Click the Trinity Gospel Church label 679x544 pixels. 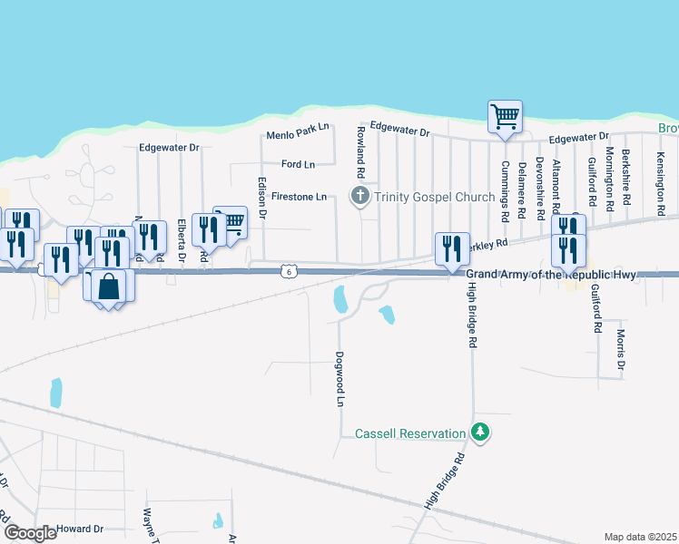pos(433,197)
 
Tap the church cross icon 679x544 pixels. pos(360,196)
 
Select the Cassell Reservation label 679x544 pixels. pos(410,433)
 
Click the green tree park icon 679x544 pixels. pos(480,433)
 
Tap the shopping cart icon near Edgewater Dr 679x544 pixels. pos(505,117)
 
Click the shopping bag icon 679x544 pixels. pos(108,286)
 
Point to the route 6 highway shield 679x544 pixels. pos(288,271)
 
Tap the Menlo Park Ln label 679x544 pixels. pos(297,136)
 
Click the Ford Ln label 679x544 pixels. pos(298,164)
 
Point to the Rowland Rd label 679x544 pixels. pos(361,153)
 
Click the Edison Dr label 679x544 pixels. pos(263,198)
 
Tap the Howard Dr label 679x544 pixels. pos(80,529)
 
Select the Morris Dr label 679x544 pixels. pos(622,350)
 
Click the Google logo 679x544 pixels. pos(30,533)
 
